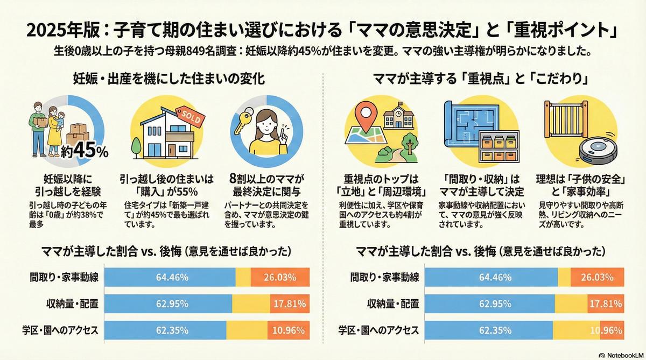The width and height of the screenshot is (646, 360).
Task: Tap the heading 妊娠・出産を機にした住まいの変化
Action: coord(168,79)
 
